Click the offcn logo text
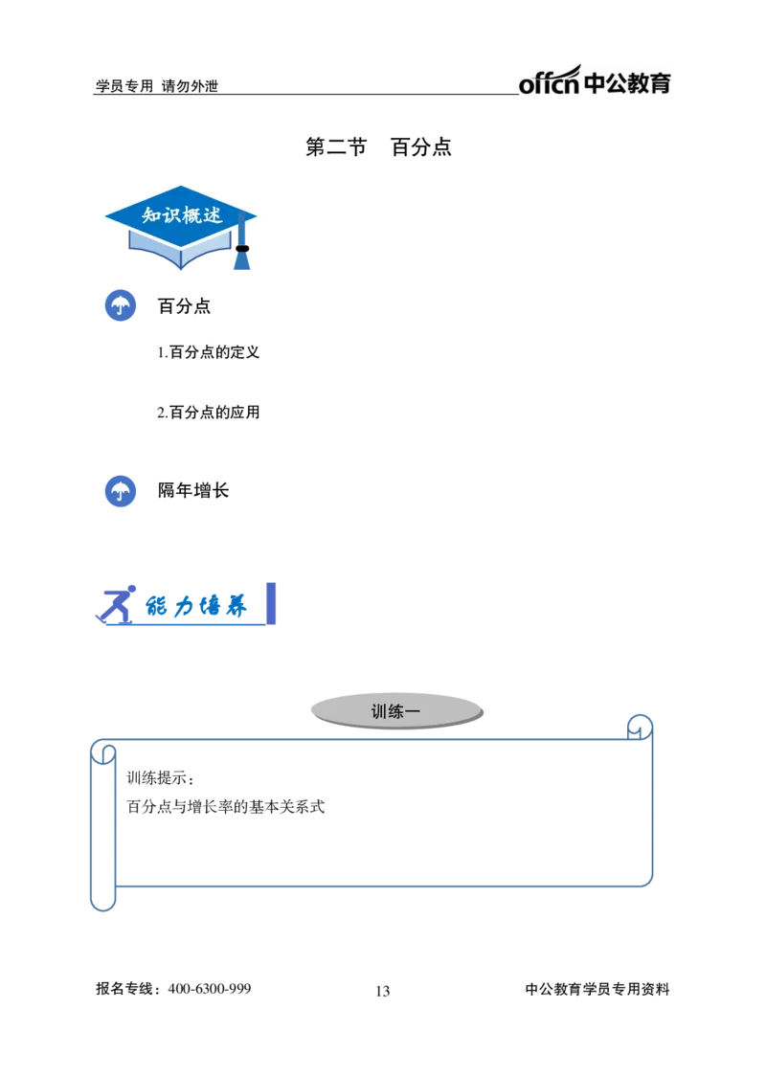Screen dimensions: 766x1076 pos(549,81)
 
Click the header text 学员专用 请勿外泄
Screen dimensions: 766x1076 pos(156,86)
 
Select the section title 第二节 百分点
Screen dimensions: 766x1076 pos(378,146)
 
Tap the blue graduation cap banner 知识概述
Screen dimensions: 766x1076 pos(181,227)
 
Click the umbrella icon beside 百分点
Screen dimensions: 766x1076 pos(121,305)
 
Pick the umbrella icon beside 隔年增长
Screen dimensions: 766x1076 pos(121,491)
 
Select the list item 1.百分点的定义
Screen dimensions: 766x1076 pos(208,352)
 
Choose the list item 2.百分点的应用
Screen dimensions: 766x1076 pos(208,413)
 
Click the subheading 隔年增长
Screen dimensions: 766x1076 pos(193,490)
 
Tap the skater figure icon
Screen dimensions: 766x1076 pos(116,605)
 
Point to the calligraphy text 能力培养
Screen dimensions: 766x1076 pos(195,606)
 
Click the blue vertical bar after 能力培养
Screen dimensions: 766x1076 pos(271,603)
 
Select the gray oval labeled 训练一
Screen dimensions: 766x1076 pos(396,711)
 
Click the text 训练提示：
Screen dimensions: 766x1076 pos(161,778)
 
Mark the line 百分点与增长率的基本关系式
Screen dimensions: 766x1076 pos(226,806)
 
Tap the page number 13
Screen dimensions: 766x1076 pos(383,991)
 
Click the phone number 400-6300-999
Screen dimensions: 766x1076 pos(210,989)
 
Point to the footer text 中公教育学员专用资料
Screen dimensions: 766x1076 pos(597,989)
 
